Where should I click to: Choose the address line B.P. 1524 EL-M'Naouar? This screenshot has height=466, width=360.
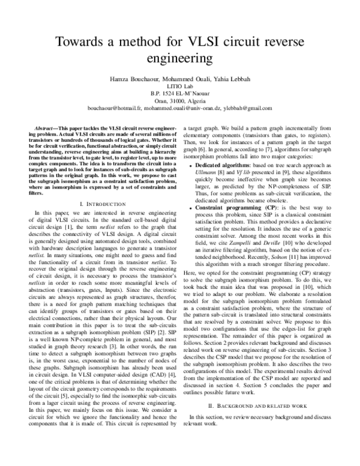[x=179, y=94]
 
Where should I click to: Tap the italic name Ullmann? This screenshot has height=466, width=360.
[x=207, y=172]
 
